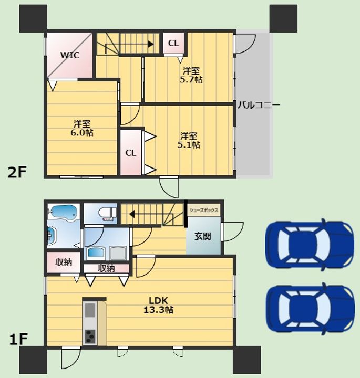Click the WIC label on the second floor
point(70,55)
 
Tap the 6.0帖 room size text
point(82,133)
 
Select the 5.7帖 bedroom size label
point(191,80)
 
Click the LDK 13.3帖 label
point(158,305)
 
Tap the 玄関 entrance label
point(203,236)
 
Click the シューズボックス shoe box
point(204,210)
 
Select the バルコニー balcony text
point(259,105)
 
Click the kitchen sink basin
point(90,310)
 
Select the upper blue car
point(310,245)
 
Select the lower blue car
point(310,309)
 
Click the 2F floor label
point(17,172)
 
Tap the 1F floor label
point(18,339)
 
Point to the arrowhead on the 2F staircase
point(150,44)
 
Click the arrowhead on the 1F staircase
point(132,214)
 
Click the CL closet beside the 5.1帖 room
point(131,153)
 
